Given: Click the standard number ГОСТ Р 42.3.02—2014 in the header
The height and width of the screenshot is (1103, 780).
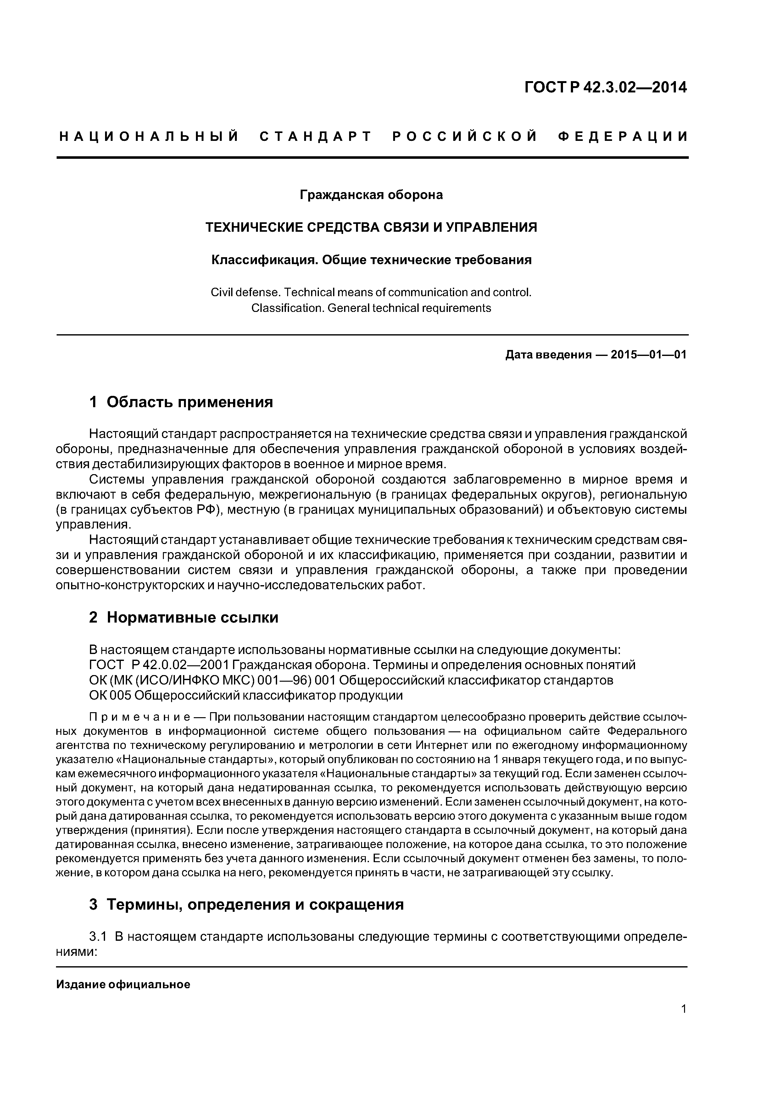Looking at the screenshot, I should click(x=605, y=87).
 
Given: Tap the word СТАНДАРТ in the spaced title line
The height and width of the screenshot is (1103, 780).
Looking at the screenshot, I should click(x=316, y=137).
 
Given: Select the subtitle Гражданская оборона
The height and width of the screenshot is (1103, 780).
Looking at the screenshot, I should click(x=371, y=195).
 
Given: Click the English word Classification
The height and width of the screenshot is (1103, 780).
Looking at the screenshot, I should click(x=287, y=308).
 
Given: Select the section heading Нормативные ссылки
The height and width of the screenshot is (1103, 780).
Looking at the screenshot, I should click(x=192, y=617).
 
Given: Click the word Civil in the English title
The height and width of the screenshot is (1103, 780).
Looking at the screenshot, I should click(x=220, y=292).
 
